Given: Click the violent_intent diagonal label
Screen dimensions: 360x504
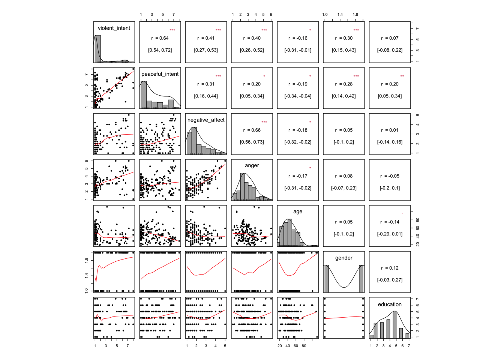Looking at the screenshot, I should click(x=114, y=28).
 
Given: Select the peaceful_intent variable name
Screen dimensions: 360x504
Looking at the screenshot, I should click(x=160, y=74).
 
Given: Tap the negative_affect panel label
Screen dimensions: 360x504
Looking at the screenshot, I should click(x=206, y=120).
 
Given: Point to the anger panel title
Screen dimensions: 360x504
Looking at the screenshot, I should click(x=252, y=165).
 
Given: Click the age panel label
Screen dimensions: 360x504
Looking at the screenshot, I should click(x=298, y=211).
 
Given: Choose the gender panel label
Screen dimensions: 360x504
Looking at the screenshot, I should click(x=344, y=258).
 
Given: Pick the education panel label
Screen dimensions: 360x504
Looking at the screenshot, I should click(x=390, y=304).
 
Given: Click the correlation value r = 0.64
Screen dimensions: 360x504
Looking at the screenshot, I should click(x=160, y=38).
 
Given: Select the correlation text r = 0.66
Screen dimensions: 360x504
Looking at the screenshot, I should click(x=252, y=130).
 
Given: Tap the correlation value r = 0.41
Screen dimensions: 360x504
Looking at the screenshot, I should click(x=206, y=38).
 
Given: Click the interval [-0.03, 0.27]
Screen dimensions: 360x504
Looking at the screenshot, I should click(x=390, y=280).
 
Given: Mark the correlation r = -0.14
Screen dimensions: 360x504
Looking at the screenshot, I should click(x=390, y=222).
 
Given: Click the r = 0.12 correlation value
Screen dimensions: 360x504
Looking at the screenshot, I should click(x=390, y=268).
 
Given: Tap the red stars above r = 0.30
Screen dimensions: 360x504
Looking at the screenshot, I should click(x=356, y=30).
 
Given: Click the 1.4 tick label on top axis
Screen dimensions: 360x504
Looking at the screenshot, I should click(x=340, y=15).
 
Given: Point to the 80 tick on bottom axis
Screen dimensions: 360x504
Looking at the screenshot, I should click(x=304, y=346).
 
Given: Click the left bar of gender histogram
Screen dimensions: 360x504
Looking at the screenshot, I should click(x=327, y=279).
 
